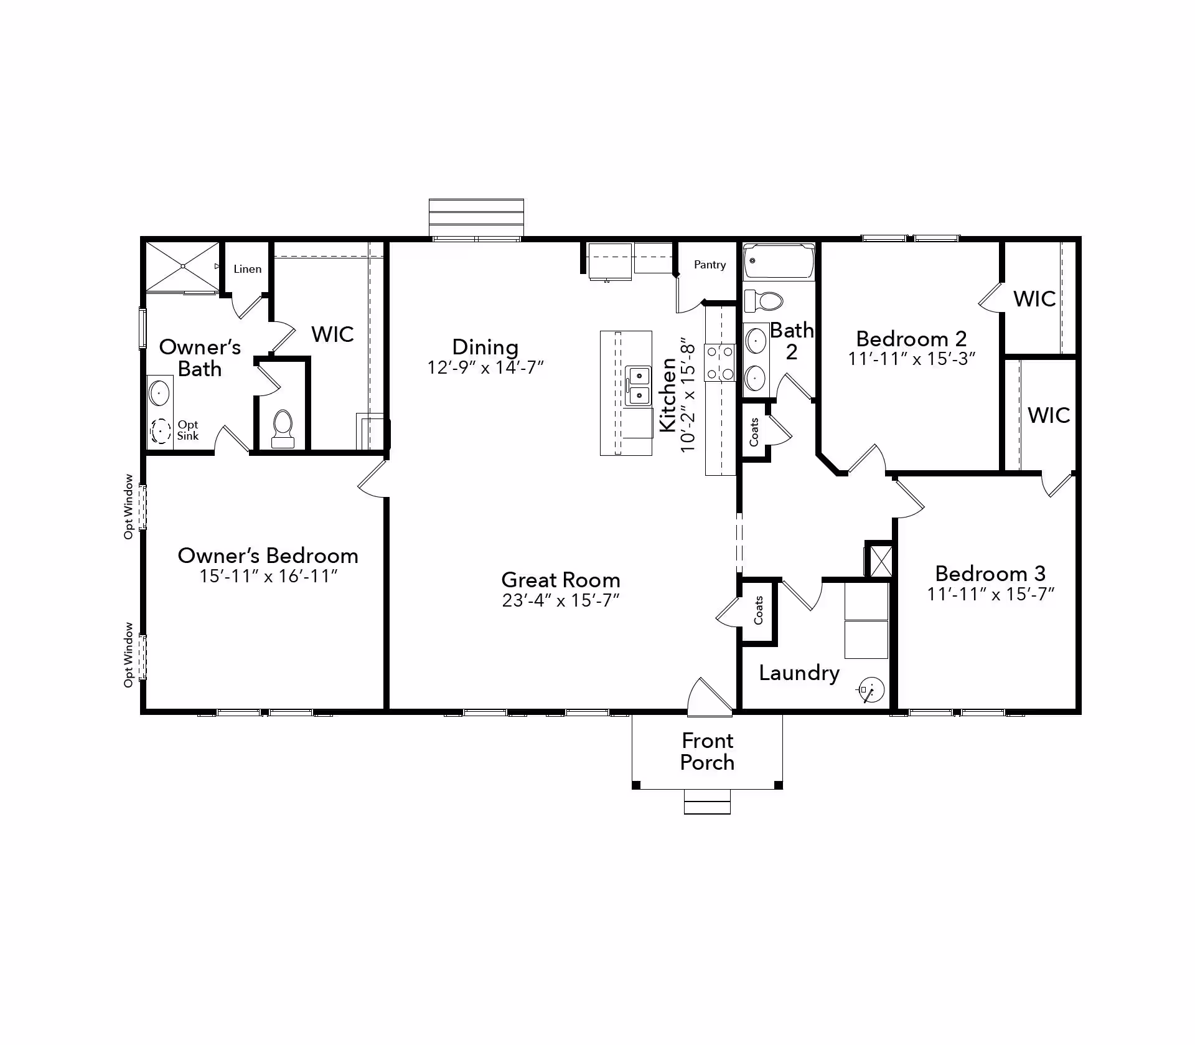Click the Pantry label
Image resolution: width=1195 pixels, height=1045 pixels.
tap(710, 265)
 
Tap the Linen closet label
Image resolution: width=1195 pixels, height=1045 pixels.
tap(247, 269)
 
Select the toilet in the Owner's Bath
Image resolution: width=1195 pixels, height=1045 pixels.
tap(283, 428)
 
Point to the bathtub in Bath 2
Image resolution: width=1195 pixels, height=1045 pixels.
tap(779, 261)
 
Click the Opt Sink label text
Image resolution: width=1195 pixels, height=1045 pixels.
tap(187, 430)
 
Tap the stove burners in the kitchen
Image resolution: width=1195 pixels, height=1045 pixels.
tap(719, 363)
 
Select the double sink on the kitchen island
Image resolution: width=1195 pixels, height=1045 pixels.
tap(638, 385)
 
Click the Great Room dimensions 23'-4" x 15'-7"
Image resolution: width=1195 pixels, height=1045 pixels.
tap(561, 600)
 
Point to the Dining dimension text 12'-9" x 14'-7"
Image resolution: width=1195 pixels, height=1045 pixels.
tap(485, 367)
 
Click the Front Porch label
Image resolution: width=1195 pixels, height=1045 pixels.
tap(707, 752)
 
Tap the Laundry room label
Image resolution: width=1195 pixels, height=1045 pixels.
tap(799, 673)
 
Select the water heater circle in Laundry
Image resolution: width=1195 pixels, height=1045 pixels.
tap(871, 689)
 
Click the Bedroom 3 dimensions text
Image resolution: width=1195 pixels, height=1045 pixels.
tap(990, 594)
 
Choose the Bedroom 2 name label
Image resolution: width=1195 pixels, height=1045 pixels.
tap(911, 339)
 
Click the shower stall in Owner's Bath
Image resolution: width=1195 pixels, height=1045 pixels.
tap(182, 267)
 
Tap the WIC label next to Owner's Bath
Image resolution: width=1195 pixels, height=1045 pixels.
tap(332, 334)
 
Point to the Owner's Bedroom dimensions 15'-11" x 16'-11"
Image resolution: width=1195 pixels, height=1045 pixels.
tap(268, 576)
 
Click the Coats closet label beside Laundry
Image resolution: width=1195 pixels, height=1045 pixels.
tap(758, 610)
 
